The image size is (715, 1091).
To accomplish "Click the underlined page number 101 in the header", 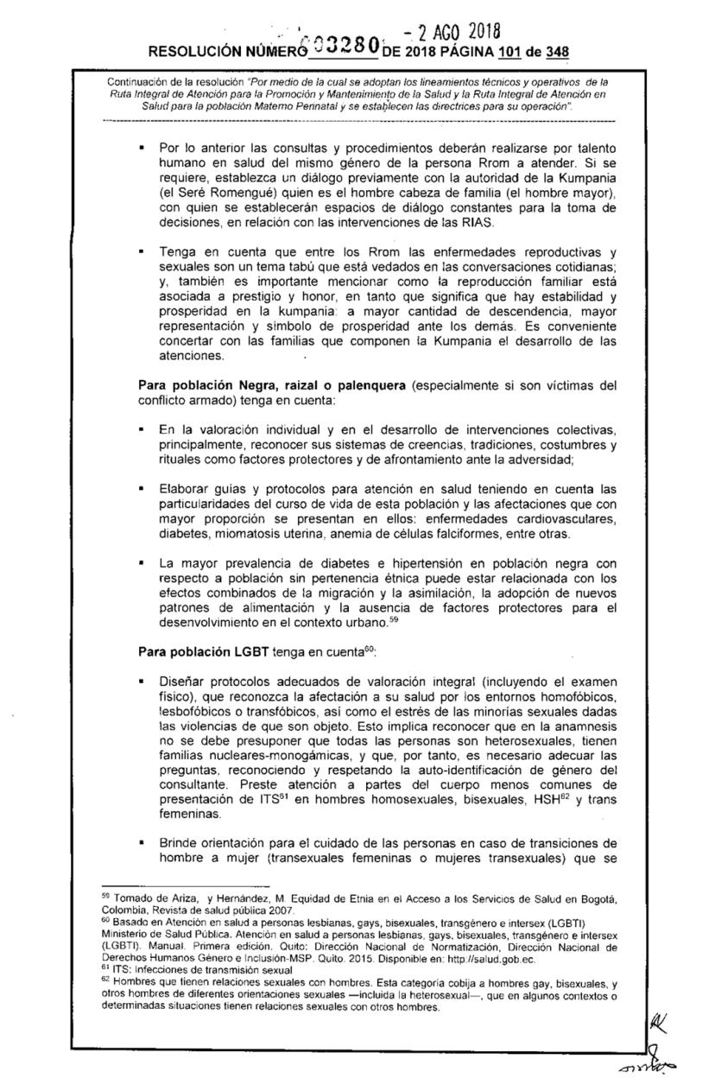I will coord(495,51).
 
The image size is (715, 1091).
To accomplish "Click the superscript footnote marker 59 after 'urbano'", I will coord(391,619).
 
